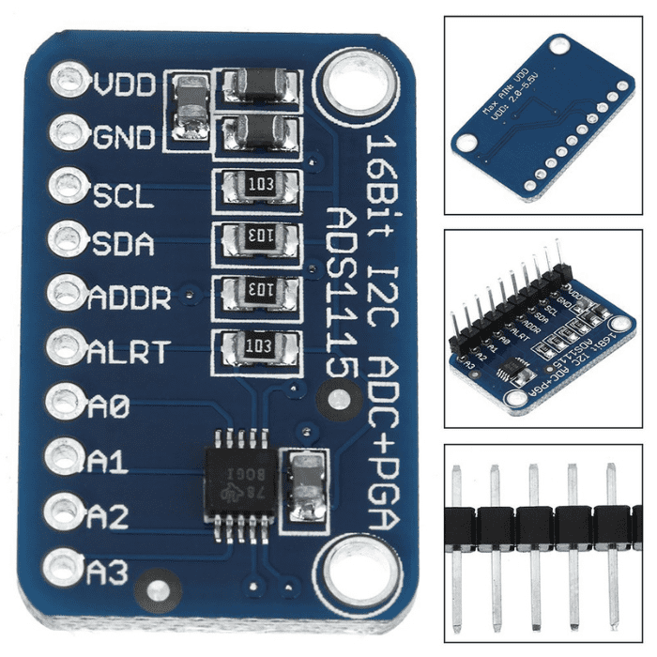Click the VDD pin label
[124, 84]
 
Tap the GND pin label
[124, 138]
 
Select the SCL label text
[122, 195]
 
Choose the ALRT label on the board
[129, 352]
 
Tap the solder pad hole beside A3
[63, 567]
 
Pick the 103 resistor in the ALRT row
[255, 346]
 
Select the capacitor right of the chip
[306, 486]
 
